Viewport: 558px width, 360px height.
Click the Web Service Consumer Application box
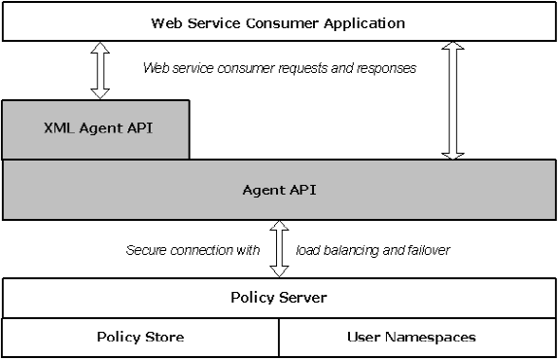[279, 21]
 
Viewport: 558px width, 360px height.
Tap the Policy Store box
[140, 338]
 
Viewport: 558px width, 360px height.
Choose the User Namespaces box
[417, 338]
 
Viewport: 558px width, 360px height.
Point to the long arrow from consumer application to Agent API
[453, 99]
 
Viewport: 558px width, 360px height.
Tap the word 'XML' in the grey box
[61, 127]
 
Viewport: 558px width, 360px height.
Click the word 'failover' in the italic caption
[424, 250]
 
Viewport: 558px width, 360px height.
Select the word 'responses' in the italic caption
[388, 69]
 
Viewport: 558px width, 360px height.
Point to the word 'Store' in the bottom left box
[163, 338]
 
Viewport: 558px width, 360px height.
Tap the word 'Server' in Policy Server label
[301, 297]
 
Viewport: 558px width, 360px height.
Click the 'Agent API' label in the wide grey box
[279, 189]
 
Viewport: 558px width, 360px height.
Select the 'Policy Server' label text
[279, 297]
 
